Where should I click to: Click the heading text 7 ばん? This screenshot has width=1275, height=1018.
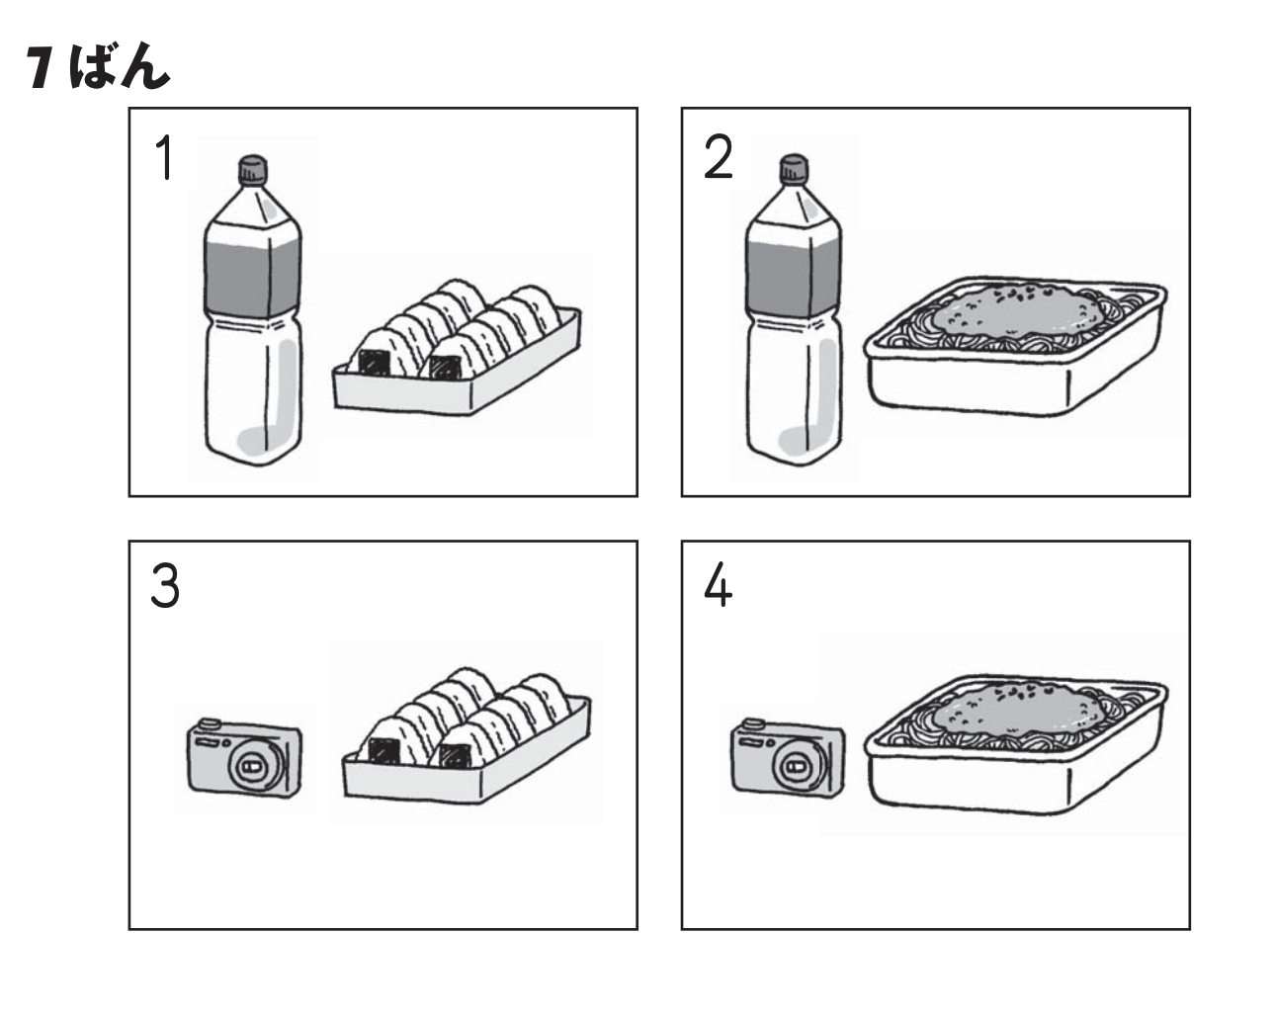99,66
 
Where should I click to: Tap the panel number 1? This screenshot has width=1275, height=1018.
166,157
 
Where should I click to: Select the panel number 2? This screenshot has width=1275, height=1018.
719,157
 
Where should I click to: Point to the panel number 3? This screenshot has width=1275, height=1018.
165,586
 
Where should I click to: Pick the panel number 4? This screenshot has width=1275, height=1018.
719,585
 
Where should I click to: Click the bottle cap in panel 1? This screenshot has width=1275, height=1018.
253,169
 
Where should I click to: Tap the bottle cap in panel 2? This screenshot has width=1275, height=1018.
794,168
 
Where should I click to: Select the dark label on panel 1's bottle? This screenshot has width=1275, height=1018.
252,276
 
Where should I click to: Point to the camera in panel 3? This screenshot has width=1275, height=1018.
244,758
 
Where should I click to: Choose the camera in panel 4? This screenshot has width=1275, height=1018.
788,757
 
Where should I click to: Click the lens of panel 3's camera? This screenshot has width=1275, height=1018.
256,767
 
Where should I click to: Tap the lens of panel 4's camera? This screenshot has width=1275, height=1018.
799,766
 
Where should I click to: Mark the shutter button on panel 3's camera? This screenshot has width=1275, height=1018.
209,723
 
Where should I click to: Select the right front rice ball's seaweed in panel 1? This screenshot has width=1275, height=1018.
445,368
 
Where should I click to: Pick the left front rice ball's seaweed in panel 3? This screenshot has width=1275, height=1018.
382,751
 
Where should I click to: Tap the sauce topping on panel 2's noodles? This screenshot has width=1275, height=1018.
1017,309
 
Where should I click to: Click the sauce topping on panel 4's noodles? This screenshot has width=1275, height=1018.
1017,709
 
